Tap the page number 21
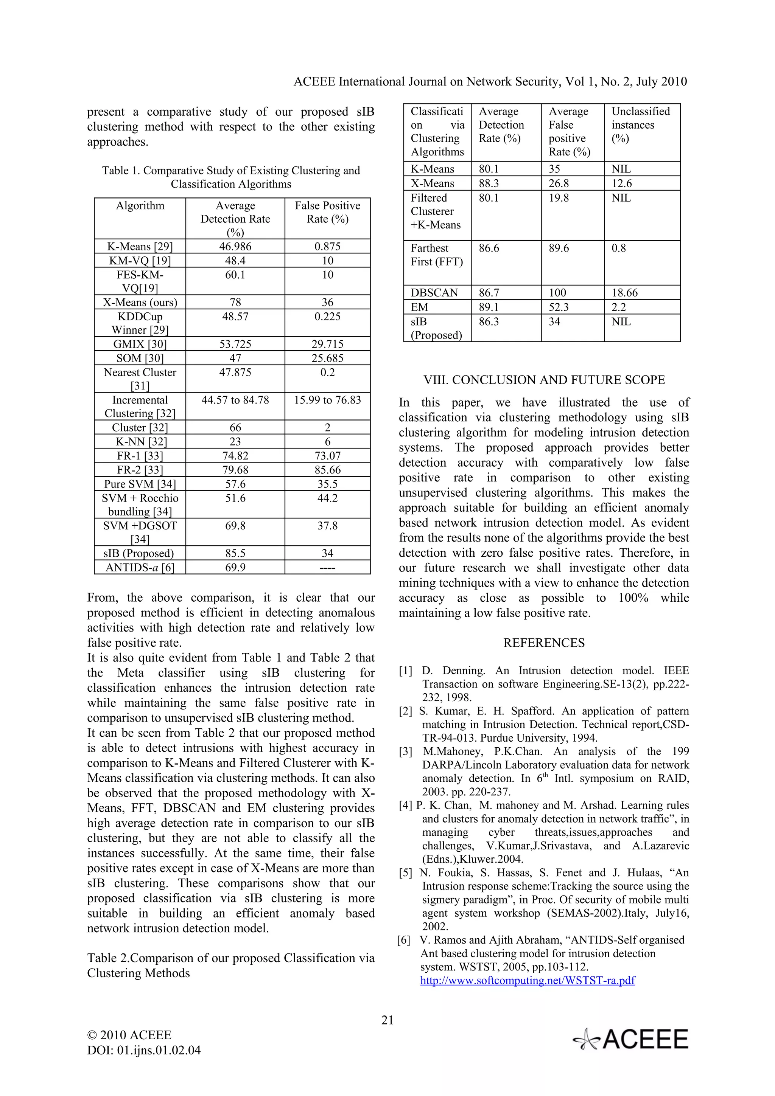tap(387, 1020)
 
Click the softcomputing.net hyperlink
tap(527, 981)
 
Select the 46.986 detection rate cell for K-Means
tap(235, 246)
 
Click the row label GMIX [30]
tap(140, 344)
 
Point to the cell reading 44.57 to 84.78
tap(235, 400)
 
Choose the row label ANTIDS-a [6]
tap(140, 567)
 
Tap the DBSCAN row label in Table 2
tap(434, 293)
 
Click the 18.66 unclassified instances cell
tap(625, 293)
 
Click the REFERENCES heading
tap(543, 643)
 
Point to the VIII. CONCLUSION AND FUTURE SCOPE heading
tap(544, 380)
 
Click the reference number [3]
tap(405, 752)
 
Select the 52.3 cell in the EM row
tap(558, 307)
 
